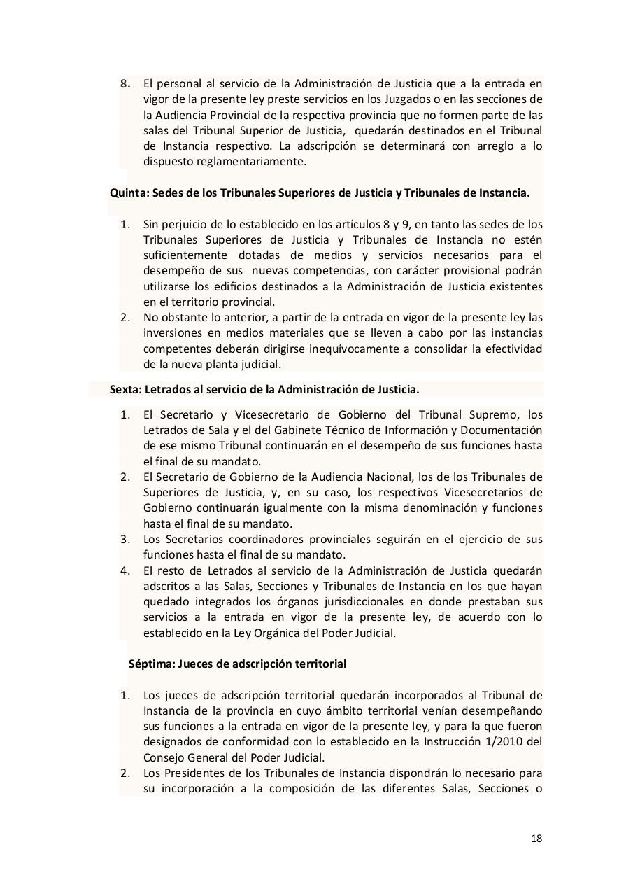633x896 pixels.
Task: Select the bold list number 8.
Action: pos(125,83)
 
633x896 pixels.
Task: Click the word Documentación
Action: pos(500,430)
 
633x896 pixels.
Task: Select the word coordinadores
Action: pos(263,540)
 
